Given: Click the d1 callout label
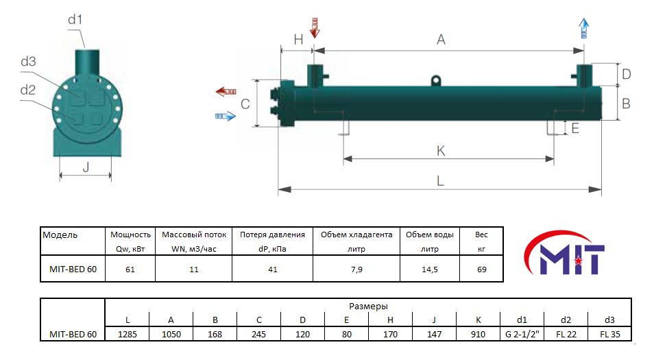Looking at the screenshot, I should (75, 20).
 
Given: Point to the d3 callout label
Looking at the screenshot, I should (28, 62).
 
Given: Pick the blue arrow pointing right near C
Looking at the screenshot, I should (226, 117).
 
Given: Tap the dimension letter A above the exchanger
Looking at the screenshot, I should (441, 40).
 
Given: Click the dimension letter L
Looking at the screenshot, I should (440, 181).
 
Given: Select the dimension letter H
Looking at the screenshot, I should (298, 40).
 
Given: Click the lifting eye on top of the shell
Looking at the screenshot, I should (435, 81).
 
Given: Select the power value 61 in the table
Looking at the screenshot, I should (130, 269).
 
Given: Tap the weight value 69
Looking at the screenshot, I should (481, 269).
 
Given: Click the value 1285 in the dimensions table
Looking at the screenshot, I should (128, 334).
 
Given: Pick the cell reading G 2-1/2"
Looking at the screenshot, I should (522, 334).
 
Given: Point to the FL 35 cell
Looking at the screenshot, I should (609, 334).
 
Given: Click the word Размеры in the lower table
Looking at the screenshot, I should (368, 306).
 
